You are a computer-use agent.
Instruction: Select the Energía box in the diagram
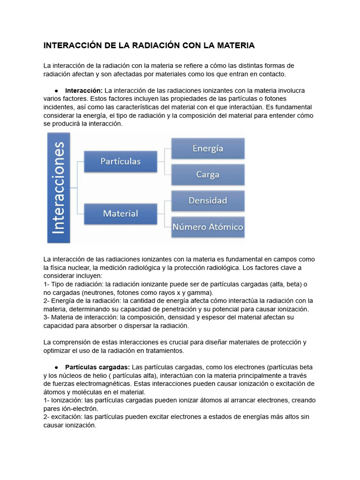click(x=208, y=149)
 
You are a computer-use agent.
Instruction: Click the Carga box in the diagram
click(x=208, y=174)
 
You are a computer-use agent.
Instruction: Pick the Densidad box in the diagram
click(x=208, y=201)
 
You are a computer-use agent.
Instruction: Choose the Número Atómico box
click(x=208, y=227)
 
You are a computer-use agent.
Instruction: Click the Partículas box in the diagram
click(x=120, y=161)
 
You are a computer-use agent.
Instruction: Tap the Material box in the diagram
click(x=120, y=213)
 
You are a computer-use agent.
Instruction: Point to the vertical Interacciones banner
click(x=59, y=187)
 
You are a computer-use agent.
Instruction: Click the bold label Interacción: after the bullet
click(x=84, y=90)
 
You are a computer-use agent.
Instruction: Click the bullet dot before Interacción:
click(x=56, y=90)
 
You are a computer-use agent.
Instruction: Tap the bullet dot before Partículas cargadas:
click(x=56, y=367)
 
